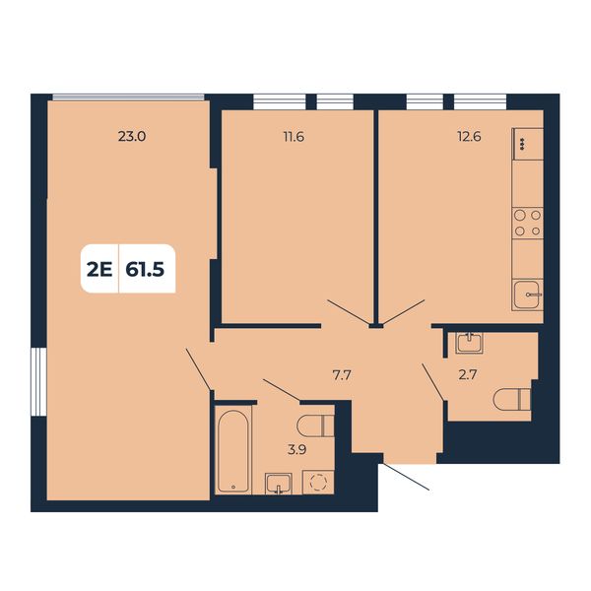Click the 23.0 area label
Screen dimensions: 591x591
click(132, 137)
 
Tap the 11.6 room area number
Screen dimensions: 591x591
click(294, 137)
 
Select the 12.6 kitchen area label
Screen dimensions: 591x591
click(469, 137)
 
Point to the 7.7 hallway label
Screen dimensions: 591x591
click(342, 375)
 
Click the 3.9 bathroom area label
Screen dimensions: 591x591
click(297, 449)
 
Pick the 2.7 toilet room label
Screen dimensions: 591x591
click(468, 375)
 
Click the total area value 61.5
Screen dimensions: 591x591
click(145, 270)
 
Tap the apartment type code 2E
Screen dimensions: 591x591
click(99, 270)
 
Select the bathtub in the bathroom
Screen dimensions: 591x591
click(233, 451)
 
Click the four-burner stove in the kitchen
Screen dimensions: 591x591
click(528, 224)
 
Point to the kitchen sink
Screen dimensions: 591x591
click(528, 295)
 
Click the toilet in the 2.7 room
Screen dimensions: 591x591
click(512, 400)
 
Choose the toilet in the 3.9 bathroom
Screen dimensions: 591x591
click(315, 427)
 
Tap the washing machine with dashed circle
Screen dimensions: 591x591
click(318, 482)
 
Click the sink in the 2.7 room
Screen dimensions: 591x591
click(469, 343)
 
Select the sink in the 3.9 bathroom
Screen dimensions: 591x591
click(278, 484)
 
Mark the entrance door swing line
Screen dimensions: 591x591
click(406, 477)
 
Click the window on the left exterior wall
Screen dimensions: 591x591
click(38, 382)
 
